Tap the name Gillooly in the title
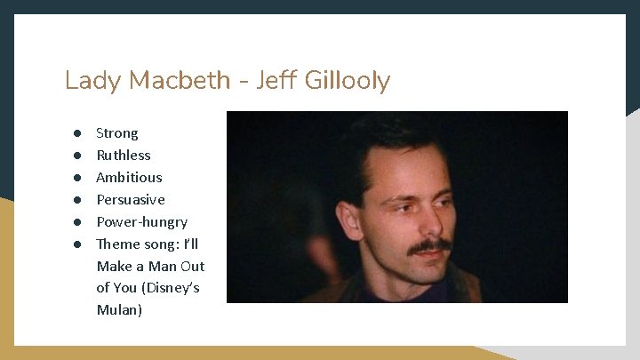pyautogui.click(x=348, y=81)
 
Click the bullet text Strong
pyautogui.click(x=117, y=133)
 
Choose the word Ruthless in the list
pyautogui.click(x=124, y=156)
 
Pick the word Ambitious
pyautogui.click(x=129, y=178)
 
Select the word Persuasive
pyautogui.click(x=131, y=200)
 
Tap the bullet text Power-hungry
pyautogui.click(x=141, y=222)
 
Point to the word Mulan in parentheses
pyautogui.click(x=120, y=310)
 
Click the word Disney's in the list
pyautogui.click(x=172, y=288)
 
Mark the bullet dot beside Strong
pyautogui.click(x=77, y=133)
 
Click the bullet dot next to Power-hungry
pyautogui.click(x=77, y=222)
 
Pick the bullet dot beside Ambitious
pyautogui.click(x=77, y=178)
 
